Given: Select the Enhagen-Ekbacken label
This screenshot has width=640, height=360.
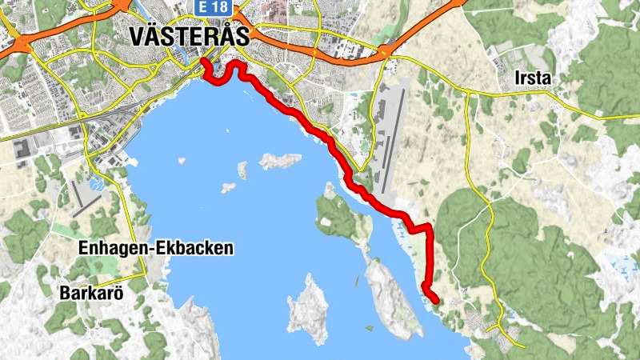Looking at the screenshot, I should tap(156, 249).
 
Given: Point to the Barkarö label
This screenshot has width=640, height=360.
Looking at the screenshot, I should tap(91, 294).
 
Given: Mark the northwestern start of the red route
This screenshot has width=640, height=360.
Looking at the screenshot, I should tap(203, 61).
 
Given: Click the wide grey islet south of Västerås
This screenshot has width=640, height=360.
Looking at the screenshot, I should tap(279, 161).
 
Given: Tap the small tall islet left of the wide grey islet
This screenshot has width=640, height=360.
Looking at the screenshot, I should tap(242, 170).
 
